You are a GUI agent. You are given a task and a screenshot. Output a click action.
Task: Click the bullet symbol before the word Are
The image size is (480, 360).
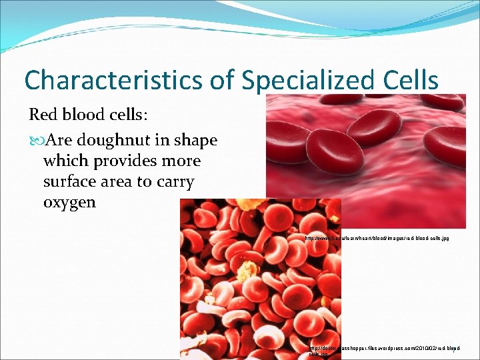[x=35, y=141]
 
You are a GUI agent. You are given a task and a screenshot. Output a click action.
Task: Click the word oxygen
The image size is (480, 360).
[x=69, y=203]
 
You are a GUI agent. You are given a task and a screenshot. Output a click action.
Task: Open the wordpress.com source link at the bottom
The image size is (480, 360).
[x=383, y=349]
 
